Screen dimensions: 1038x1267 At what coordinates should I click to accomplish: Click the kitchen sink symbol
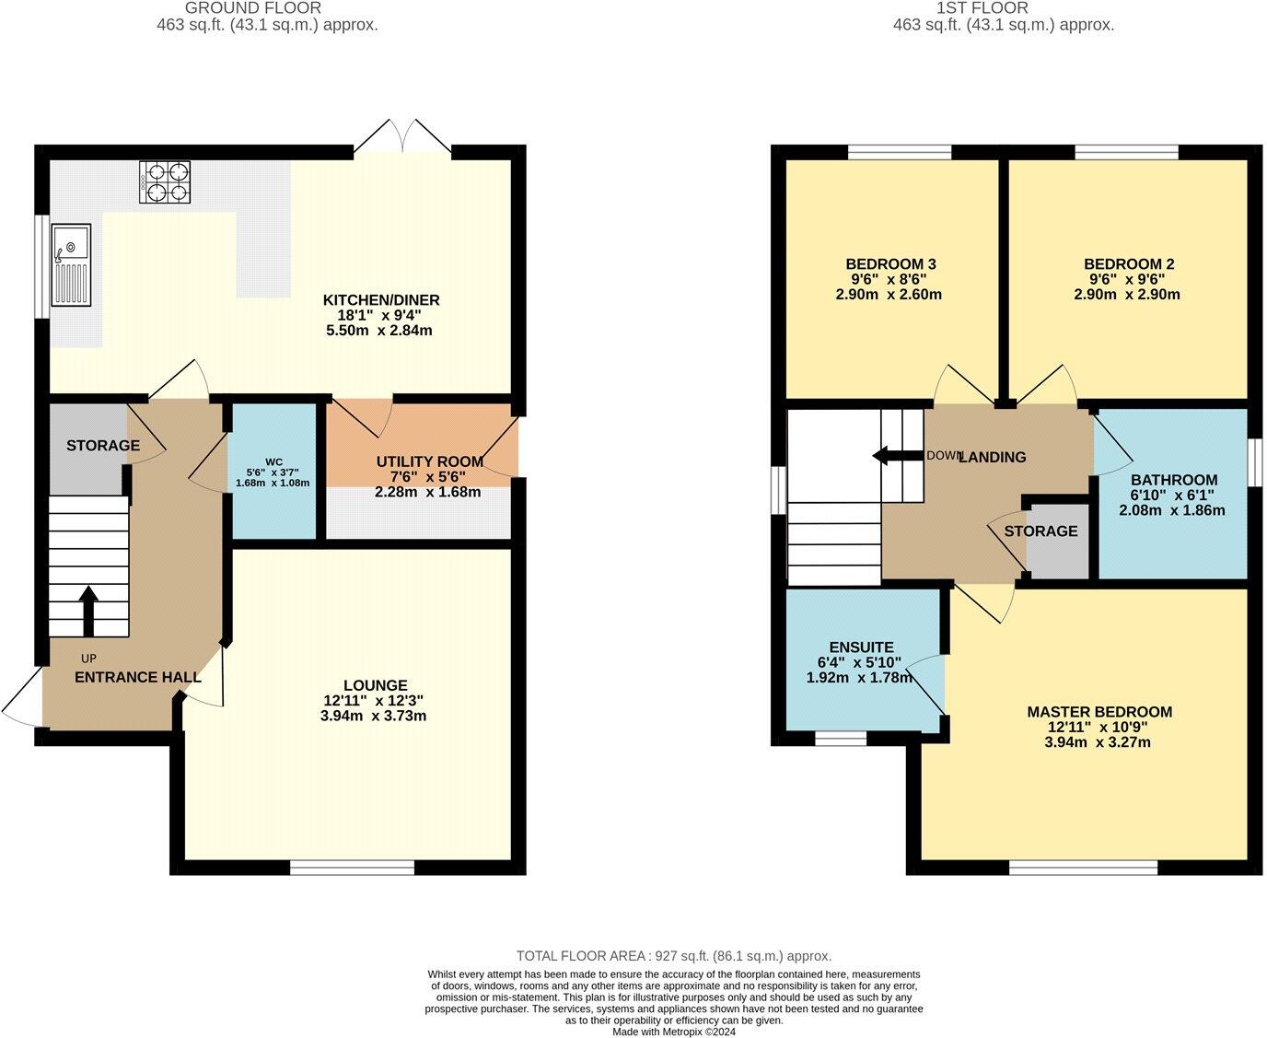tap(71, 264)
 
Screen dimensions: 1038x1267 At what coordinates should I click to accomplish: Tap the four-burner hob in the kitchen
tap(165, 181)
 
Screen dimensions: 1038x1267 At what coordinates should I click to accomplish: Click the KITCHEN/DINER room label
tap(380, 300)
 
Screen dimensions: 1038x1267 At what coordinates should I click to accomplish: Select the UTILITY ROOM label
tap(429, 461)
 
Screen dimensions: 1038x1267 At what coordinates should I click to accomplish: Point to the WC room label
tap(273, 461)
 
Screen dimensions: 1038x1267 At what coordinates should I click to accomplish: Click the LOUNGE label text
tap(375, 685)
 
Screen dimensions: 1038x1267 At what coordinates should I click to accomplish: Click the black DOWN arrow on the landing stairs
tap(893, 455)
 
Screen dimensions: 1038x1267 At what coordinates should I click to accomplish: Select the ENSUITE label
tap(861, 647)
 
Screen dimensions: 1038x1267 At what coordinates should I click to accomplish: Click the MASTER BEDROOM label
tap(1099, 711)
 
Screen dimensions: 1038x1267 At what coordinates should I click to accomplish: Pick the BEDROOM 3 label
tap(880, 264)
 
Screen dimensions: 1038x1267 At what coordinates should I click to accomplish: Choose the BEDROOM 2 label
tap(1129, 264)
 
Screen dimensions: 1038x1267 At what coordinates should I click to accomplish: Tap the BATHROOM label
tap(1174, 480)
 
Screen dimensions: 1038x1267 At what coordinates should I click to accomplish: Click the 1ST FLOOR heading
tap(1003, 8)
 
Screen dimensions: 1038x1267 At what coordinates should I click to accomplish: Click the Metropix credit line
tap(674, 1032)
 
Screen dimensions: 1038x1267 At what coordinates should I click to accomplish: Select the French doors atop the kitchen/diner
tap(403, 135)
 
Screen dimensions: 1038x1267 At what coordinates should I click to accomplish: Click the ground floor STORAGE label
tap(103, 446)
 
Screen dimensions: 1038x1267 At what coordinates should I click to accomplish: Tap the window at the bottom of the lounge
tap(352, 867)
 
